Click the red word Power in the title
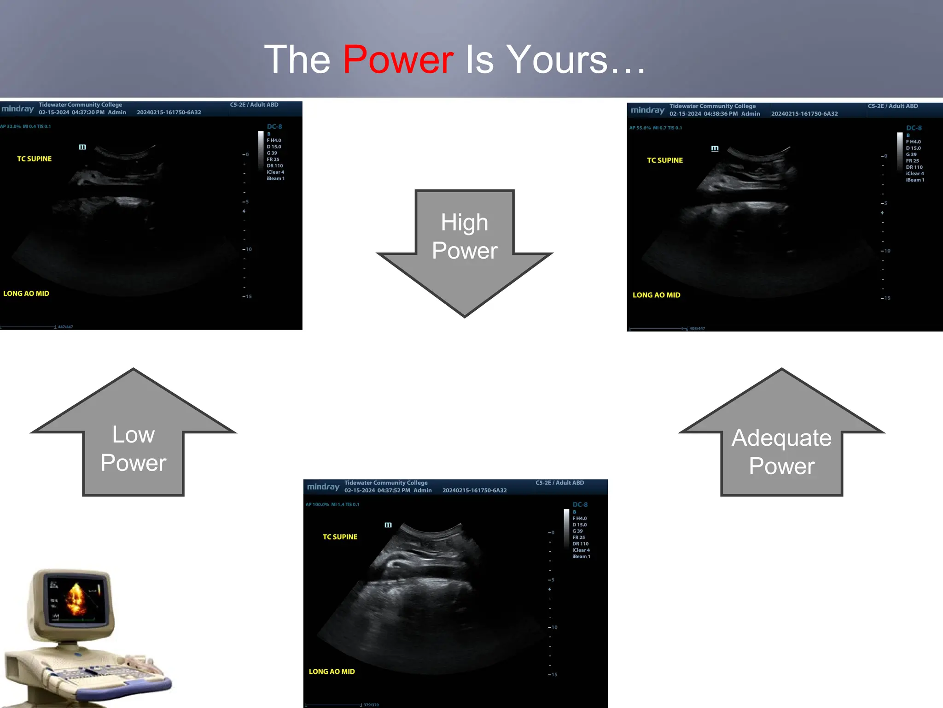[398, 60]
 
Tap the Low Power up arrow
[133, 442]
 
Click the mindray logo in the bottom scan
[323, 487]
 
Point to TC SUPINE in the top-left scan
[35, 159]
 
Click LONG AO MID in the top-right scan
[656, 295]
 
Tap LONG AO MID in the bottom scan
[332, 672]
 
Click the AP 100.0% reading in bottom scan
[317, 505]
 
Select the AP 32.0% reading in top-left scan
[11, 126]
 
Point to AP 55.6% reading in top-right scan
[640, 128]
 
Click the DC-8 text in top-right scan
[914, 128]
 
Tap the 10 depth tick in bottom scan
[554, 627]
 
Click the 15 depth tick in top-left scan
[248, 296]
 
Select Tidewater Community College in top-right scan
[712, 106]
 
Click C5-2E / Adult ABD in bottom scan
[559, 483]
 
